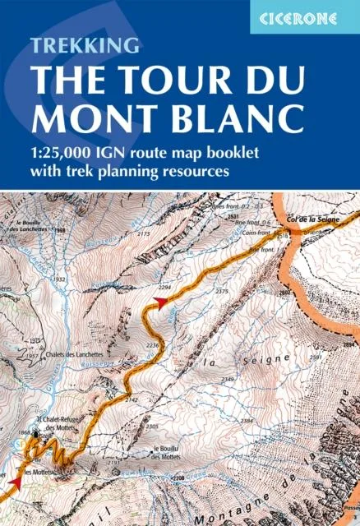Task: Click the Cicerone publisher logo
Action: point(305,16)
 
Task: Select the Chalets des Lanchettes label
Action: point(76,354)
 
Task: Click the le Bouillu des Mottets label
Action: point(172,452)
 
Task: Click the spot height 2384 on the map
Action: point(246,421)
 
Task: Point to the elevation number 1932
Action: point(58,280)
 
